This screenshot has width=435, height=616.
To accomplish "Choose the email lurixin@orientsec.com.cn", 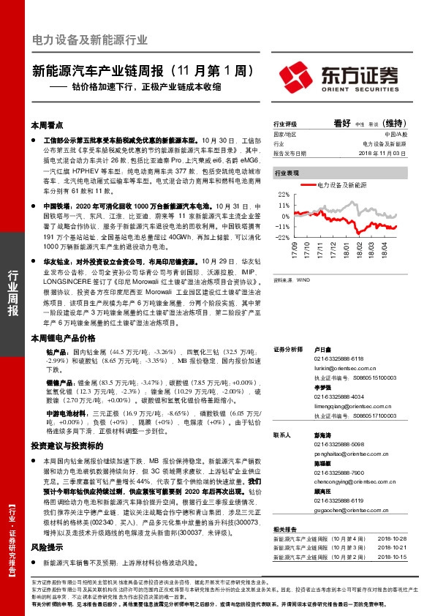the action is [x=327, y=371].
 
